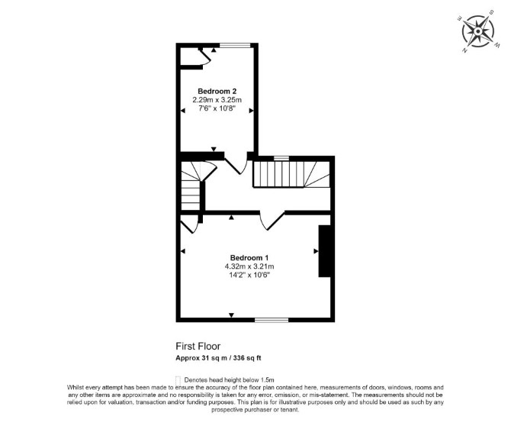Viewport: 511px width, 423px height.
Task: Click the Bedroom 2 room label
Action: pyautogui.click(x=217, y=91)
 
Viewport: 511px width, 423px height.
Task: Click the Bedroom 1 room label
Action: pyautogui.click(x=249, y=258)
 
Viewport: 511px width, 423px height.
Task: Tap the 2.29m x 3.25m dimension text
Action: pyautogui.click(x=217, y=100)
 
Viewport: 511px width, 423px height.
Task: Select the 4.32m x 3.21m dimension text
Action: pyautogui.click(x=249, y=266)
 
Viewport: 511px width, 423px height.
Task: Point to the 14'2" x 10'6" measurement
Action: pyautogui.click(x=249, y=275)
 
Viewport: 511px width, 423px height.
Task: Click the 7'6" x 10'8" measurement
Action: pyautogui.click(x=217, y=108)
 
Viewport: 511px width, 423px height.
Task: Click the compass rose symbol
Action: pyautogui.click(x=477, y=31)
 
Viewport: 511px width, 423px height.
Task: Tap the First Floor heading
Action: pyautogui.click(x=198, y=346)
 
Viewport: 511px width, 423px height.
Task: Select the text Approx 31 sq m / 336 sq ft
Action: pyautogui.click(x=218, y=358)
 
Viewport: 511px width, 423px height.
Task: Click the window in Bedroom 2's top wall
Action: pyautogui.click(x=235, y=45)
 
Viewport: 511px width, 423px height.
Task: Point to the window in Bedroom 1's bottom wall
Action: pyautogui.click(x=272, y=320)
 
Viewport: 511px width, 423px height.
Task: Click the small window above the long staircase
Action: pyautogui.click(x=281, y=158)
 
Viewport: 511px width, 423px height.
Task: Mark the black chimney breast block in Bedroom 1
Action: pyautogui.click(x=325, y=251)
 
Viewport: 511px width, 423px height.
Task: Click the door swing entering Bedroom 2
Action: pyautogui.click(x=236, y=166)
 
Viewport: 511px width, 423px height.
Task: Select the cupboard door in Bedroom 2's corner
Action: pyautogui.click(x=206, y=58)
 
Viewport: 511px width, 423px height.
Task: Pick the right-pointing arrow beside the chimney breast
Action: pyautogui.click(x=316, y=250)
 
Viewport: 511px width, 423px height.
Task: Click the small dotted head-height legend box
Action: pyautogui.click(x=178, y=380)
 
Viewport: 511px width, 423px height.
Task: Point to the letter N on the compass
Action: pyautogui.click(x=464, y=50)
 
